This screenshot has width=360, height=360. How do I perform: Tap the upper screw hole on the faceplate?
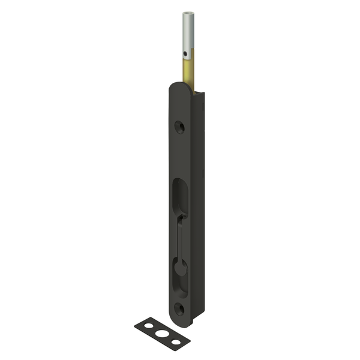tap(179, 127)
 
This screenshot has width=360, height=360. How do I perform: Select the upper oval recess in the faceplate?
tap(179, 195)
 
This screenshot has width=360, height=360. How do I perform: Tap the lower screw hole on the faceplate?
tap(179, 308)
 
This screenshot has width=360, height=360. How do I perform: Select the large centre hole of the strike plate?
tap(162, 334)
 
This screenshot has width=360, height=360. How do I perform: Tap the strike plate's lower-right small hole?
tap(176, 341)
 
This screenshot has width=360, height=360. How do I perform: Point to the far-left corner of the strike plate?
tap(135, 325)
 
